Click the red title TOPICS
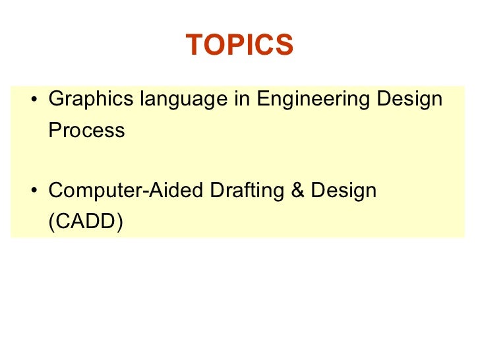(239, 45)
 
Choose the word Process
(86, 131)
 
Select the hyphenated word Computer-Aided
(126, 191)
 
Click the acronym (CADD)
(86, 223)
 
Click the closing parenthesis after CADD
(119, 223)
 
